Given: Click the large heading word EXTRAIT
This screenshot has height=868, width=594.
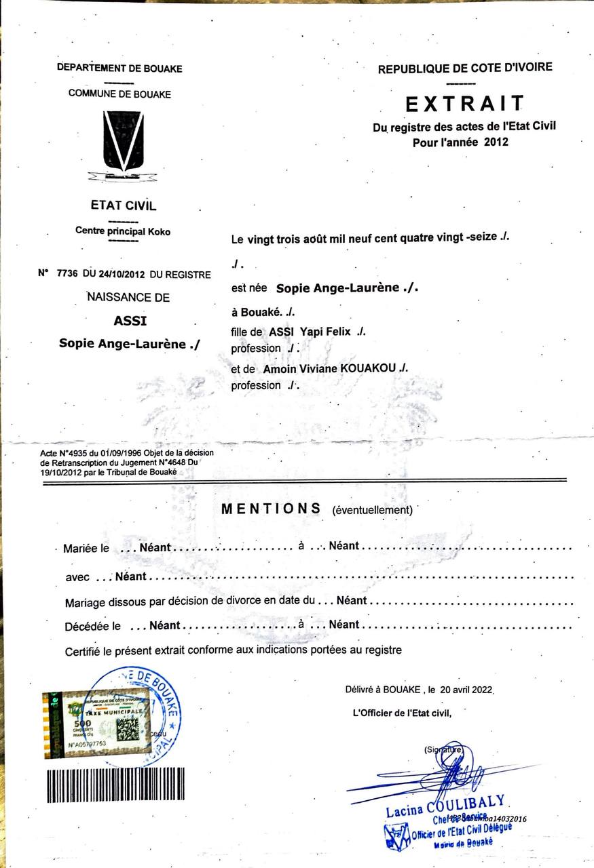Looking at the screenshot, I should point(465,104).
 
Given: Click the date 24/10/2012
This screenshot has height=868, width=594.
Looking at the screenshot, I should point(122,275).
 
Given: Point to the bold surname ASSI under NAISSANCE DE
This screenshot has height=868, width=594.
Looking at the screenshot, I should point(130,321).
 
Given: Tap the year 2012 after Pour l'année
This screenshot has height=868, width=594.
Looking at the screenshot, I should point(496,142).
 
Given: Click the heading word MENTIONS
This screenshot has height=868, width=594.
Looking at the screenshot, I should point(271,509).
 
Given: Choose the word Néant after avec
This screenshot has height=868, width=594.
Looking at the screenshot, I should point(130,577).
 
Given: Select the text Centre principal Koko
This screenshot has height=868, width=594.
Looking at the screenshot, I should point(123,231).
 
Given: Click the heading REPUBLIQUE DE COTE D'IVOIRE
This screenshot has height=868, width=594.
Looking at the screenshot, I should point(465,68).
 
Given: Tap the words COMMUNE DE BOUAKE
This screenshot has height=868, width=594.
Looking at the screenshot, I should point(119,94).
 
